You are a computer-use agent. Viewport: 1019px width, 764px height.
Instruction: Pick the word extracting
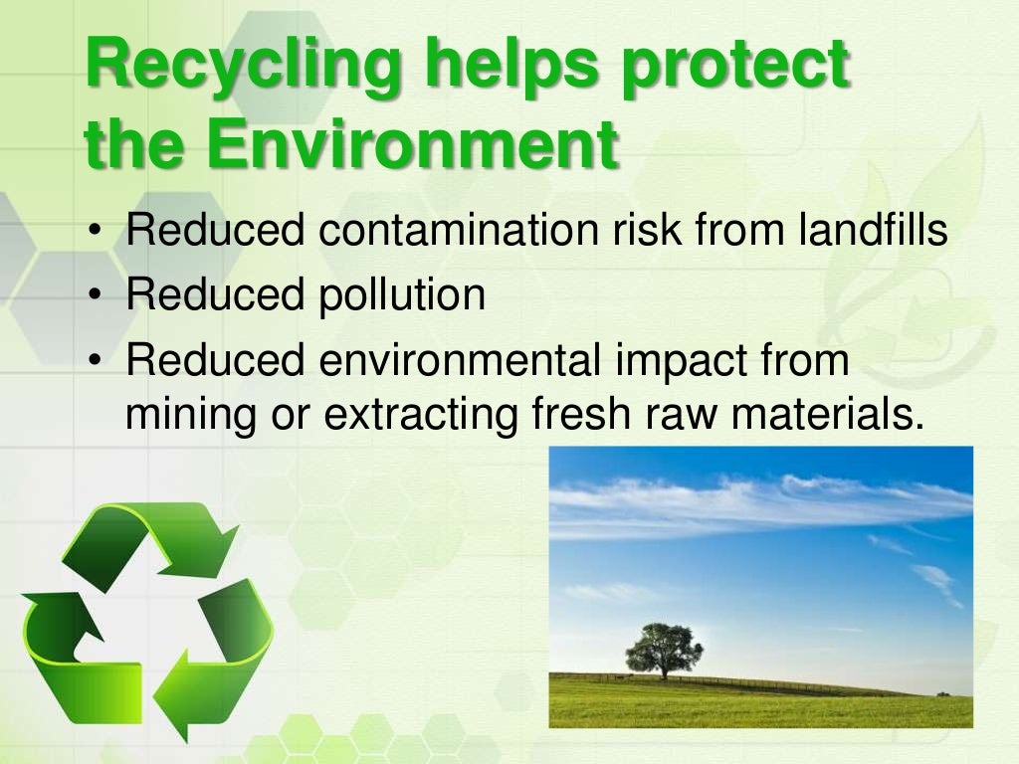coord(421,412)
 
